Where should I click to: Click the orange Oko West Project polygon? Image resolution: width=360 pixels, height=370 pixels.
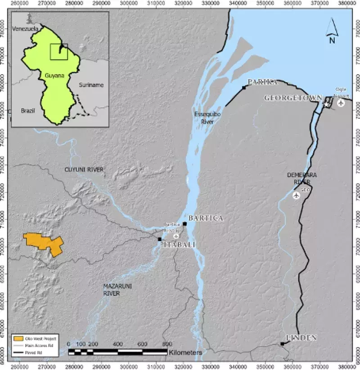tap(43, 243)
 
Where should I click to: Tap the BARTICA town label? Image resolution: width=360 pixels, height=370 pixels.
tap(206, 218)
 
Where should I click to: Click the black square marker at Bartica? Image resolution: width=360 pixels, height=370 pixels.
tap(185, 223)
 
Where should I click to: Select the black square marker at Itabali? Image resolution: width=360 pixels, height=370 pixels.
tap(160, 239)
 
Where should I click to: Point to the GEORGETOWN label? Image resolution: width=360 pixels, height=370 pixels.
tap(293, 98)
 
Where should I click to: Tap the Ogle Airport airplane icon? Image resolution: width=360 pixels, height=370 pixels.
tap(341, 103)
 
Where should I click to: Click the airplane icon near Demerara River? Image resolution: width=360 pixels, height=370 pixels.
tap(296, 195)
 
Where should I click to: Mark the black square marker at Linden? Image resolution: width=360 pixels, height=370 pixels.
tap(282, 344)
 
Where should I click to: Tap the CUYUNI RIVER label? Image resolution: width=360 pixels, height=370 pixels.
tap(84, 169)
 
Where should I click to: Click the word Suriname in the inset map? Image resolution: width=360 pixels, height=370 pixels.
tap(90, 85)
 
